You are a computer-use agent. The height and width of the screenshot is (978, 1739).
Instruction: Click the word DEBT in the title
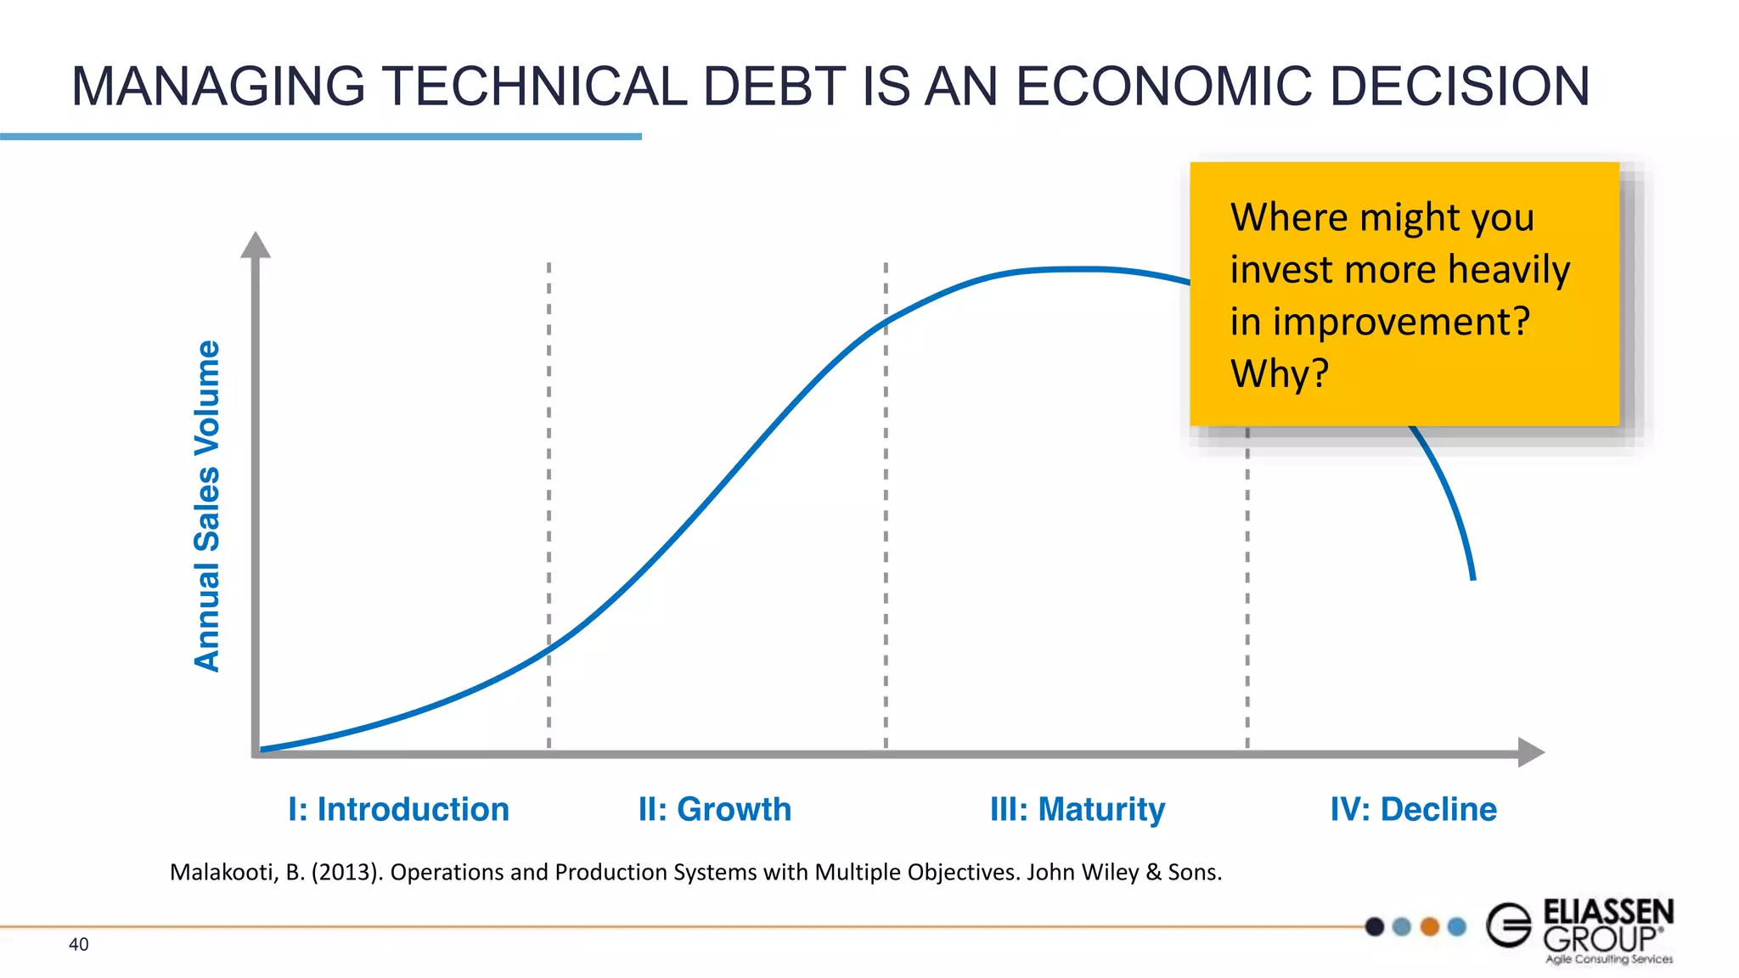[x=774, y=87]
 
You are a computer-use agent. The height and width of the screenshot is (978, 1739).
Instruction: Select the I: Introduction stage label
[x=398, y=809]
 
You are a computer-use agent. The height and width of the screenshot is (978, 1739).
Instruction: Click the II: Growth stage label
[x=714, y=809]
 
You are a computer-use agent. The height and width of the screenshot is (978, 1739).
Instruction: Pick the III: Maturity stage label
[x=1077, y=809]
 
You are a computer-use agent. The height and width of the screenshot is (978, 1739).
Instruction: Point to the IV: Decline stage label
[x=1413, y=809]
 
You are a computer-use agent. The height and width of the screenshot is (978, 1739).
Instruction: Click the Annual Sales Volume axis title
[x=207, y=506]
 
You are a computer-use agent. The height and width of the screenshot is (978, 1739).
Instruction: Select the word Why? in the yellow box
[x=1279, y=374]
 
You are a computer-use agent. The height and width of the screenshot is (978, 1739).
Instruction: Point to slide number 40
[x=78, y=944]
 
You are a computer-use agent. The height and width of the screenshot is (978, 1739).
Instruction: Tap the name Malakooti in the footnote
[x=224, y=872]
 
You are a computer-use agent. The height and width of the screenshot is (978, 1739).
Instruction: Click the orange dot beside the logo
[x=1430, y=926]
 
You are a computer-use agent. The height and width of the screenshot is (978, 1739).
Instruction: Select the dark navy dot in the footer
[x=1375, y=926]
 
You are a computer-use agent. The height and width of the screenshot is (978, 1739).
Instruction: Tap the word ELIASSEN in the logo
[x=1608, y=912]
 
